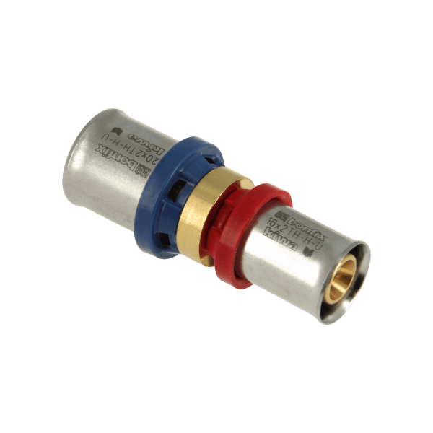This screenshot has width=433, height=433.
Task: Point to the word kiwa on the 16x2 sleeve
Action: tap(280, 236)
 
